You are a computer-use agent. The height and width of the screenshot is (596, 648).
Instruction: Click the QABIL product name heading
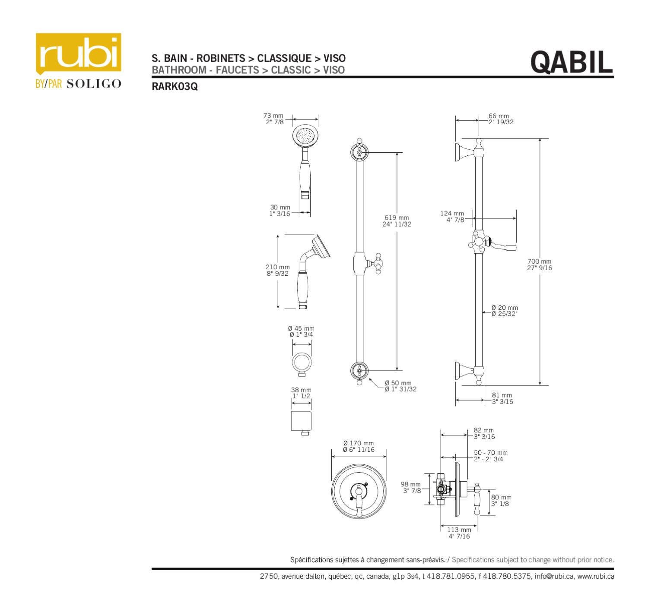coord(571,62)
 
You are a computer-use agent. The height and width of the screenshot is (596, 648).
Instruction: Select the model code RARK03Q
coord(175,86)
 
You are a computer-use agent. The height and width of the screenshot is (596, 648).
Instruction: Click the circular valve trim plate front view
coord(359,492)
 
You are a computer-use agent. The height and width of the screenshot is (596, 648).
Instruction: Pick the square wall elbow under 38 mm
coord(301,421)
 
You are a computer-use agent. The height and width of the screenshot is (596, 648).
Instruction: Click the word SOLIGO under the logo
coord(94,84)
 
